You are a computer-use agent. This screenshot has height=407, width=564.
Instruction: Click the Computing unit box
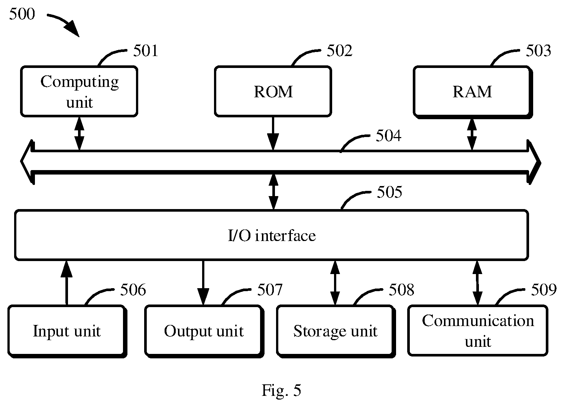79,91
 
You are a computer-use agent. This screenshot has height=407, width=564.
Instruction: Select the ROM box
273,91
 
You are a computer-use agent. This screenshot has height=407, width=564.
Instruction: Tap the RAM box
473,92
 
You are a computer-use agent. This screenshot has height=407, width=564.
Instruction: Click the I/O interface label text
272,235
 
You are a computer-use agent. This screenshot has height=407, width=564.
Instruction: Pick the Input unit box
67,331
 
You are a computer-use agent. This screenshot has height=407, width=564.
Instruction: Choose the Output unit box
204,331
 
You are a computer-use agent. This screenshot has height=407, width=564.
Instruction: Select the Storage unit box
336,331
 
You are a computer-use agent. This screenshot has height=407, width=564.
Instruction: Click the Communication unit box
478,331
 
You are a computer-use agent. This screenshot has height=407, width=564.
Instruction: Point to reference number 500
22,14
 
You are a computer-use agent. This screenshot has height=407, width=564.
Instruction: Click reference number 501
146,51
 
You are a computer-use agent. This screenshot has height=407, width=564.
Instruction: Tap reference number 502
340,51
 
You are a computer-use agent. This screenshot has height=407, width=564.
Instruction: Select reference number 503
538,51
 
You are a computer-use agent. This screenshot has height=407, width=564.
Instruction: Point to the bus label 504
389,136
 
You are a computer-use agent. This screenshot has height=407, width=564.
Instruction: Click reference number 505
389,192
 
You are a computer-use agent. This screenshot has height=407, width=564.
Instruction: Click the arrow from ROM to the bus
273,134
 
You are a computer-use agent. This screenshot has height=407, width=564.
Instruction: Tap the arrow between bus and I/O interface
273,192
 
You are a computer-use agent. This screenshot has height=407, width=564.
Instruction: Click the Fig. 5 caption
282,390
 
